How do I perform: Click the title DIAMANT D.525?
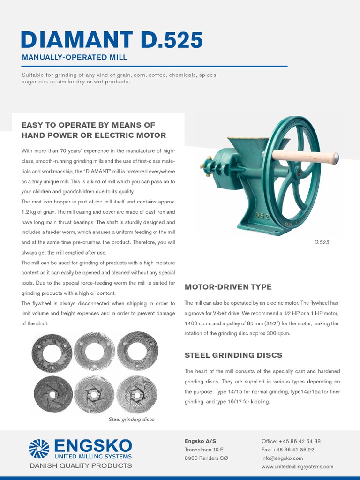pos(112,40)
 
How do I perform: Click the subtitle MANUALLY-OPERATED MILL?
pos(75,58)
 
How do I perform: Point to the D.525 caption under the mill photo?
pos(322,242)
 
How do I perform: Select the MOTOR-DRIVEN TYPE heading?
pos(228,287)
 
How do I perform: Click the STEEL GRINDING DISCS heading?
pos(233,355)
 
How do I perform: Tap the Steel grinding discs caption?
pos(131,419)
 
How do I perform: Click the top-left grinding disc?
pos(51,352)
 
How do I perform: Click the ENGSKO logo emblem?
pos(39,448)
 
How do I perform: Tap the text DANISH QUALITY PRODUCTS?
pos(81,466)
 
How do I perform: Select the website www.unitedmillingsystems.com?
pos(297,466)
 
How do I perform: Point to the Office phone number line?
pos(291,441)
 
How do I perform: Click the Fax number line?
pos(288,450)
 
